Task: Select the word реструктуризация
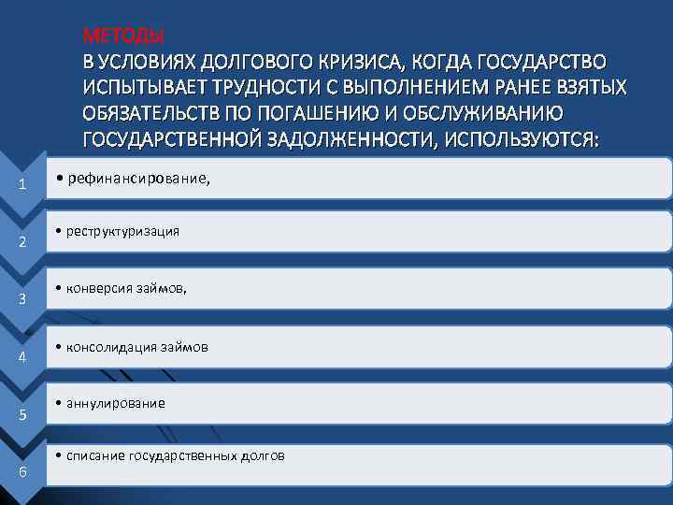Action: tap(122, 231)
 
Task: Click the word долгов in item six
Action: tap(264, 455)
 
